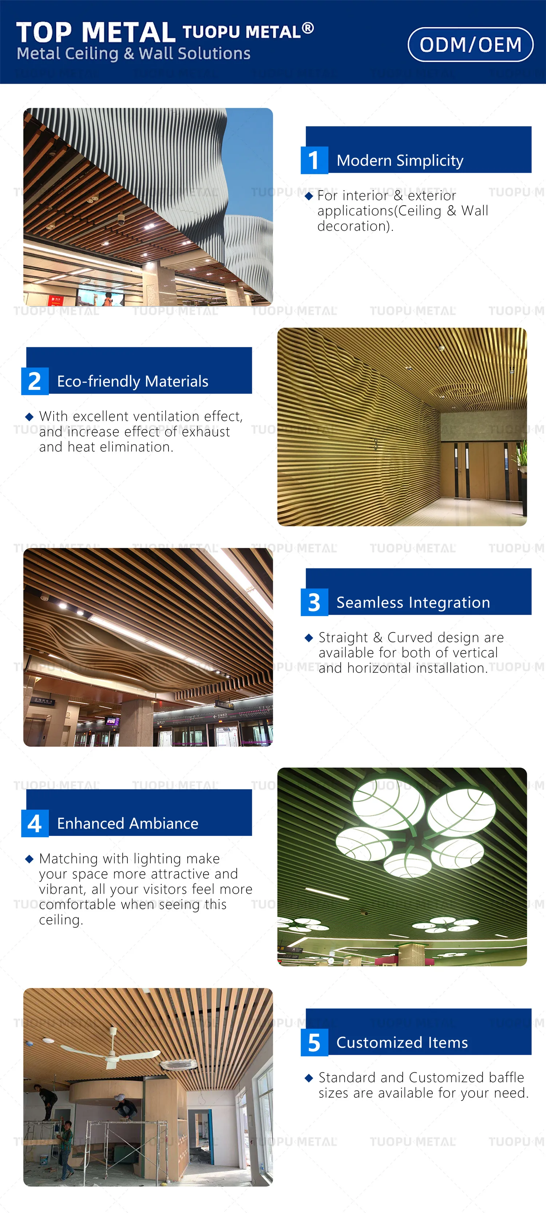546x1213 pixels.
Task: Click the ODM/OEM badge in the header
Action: tap(470, 45)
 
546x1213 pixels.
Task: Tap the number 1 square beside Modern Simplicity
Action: tap(314, 160)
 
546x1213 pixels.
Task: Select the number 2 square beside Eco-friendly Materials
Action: tap(34, 381)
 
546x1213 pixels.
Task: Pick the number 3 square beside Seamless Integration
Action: tap(314, 602)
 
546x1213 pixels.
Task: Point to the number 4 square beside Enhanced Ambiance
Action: tap(34, 823)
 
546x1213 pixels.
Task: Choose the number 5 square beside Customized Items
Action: tap(314, 1042)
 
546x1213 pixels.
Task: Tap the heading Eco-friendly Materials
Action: tap(132, 382)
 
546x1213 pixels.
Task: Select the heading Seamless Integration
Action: tap(413, 602)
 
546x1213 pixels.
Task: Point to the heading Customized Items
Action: tap(402, 1042)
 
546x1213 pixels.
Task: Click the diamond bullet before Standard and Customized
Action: tap(309, 1078)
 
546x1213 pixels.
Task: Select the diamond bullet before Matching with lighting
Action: tap(29, 859)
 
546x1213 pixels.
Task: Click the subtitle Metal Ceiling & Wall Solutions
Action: tap(133, 54)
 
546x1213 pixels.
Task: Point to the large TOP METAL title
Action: tap(96, 32)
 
